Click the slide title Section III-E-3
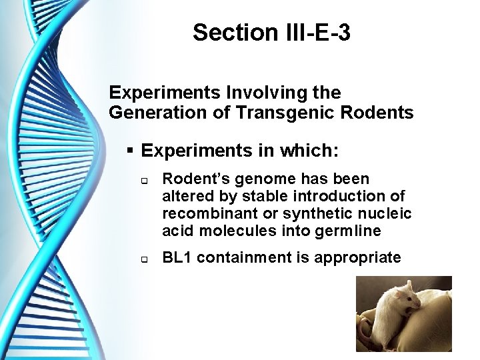271,32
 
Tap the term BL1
178,257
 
